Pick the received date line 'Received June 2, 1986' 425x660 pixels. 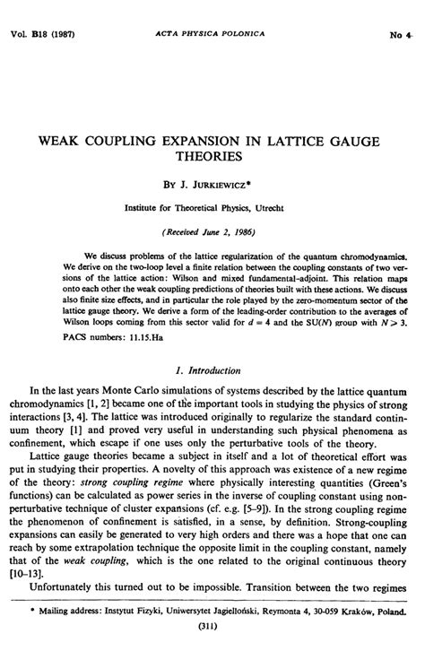click(212, 228)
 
